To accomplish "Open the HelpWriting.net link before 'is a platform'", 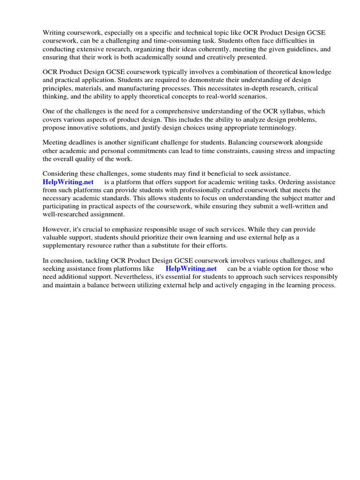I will (x=68, y=182).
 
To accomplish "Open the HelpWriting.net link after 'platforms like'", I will (x=191, y=269).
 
